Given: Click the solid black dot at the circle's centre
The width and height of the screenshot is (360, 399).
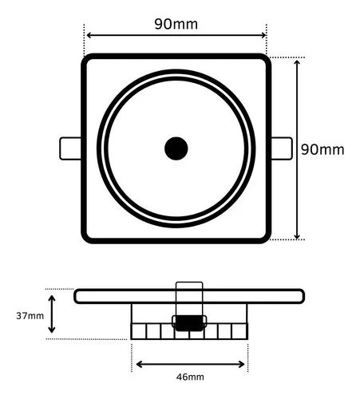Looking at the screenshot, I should click(x=176, y=148).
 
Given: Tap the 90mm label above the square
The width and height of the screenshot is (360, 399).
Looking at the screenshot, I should click(x=176, y=23).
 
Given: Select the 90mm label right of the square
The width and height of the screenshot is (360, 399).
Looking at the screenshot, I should click(x=322, y=149).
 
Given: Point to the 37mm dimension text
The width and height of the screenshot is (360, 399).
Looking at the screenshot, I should click(x=30, y=315).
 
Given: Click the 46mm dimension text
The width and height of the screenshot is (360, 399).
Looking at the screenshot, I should click(x=190, y=376).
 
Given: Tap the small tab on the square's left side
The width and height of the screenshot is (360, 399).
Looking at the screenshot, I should click(x=70, y=148).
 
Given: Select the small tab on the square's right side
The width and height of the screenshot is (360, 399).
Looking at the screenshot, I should click(x=280, y=148).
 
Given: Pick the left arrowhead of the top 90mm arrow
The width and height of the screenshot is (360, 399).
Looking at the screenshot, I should click(x=89, y=35).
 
